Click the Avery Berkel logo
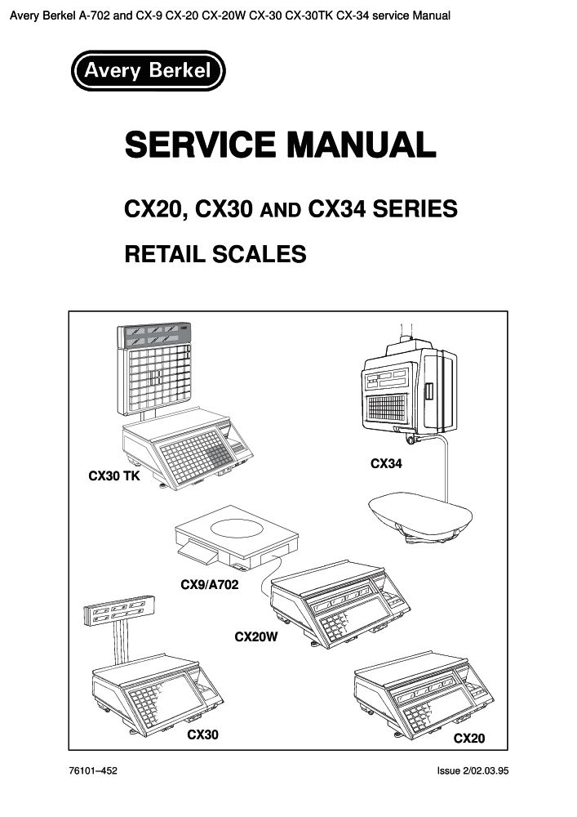(148, 71)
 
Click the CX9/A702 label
(209, 586)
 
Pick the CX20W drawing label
(257, 636)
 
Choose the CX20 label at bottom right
(469, 739)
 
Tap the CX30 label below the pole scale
(203, 735)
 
